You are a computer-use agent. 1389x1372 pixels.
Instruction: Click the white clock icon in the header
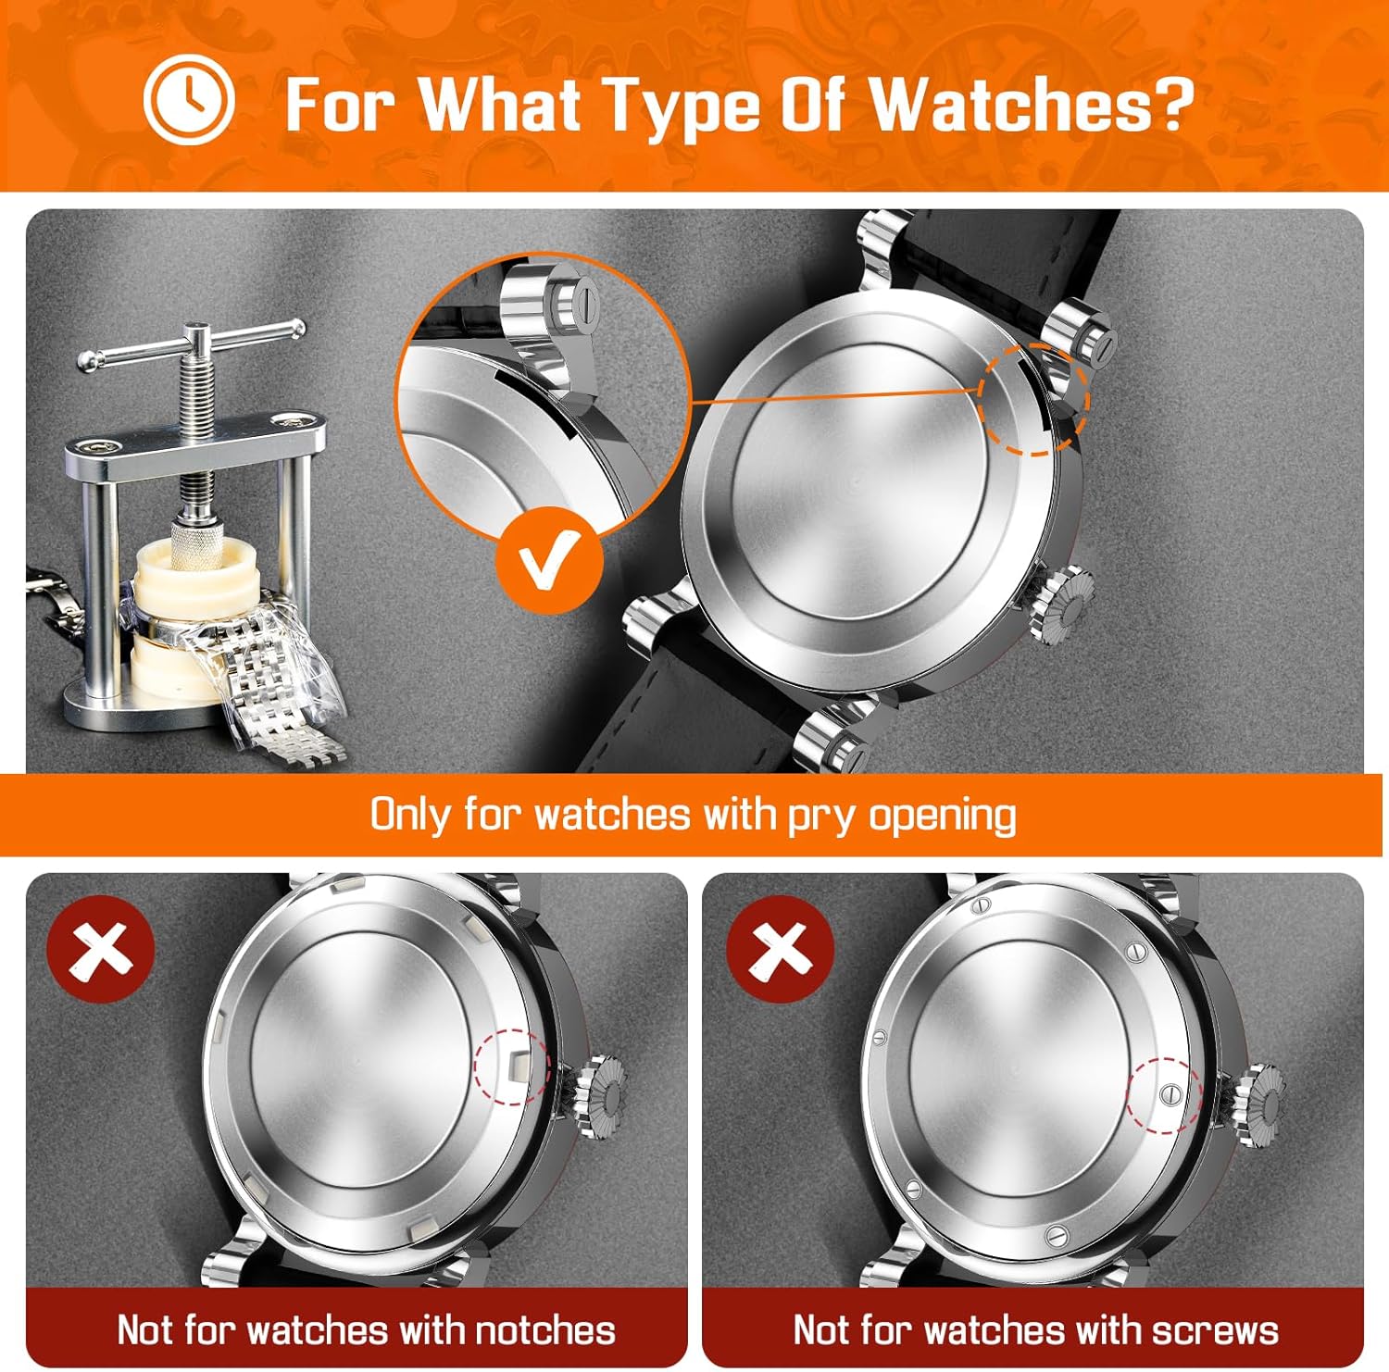click(189, 99)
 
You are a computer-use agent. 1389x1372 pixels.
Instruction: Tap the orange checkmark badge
click(549, 559)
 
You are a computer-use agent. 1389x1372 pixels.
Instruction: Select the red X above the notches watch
click(101, 949)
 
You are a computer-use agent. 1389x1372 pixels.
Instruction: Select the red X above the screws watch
click(780, 949)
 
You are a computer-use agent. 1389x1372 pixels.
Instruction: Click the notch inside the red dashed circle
click(515, 1066)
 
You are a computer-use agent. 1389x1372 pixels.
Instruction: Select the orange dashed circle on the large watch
click(1033, 399)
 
